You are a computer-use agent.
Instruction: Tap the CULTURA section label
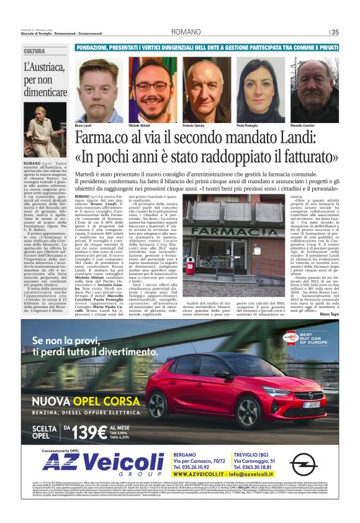(35, 51)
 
